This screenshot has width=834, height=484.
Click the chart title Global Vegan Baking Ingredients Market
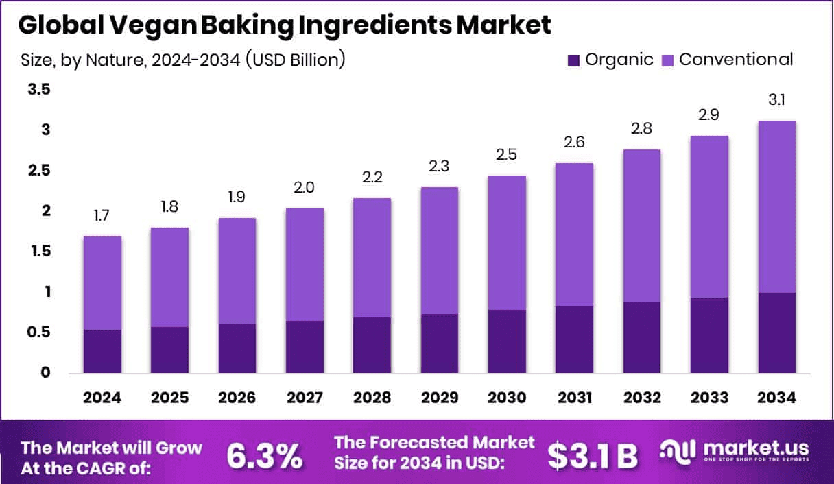coord(284,25)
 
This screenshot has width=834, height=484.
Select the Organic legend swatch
coord(573,60)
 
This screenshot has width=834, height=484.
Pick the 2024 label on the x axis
coord(102,398)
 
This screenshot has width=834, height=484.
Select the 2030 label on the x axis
coord(507,398)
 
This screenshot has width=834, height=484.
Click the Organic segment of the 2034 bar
coord(776,332)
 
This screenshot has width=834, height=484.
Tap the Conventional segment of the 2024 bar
coord(102,282)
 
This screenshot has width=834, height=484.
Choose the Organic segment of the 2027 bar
coord(305,346)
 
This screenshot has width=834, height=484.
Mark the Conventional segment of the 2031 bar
coord(574,234)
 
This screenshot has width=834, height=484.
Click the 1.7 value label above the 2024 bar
coord(102,217)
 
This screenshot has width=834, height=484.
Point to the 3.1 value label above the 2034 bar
coord(776,101)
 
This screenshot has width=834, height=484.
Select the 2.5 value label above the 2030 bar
coord(507,156)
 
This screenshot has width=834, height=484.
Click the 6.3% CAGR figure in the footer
coord(264,455)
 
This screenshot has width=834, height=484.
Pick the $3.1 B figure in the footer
coord(593,455)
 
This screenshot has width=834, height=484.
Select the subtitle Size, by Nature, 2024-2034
coord(182,60)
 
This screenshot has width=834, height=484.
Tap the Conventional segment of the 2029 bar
coord(439,250)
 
